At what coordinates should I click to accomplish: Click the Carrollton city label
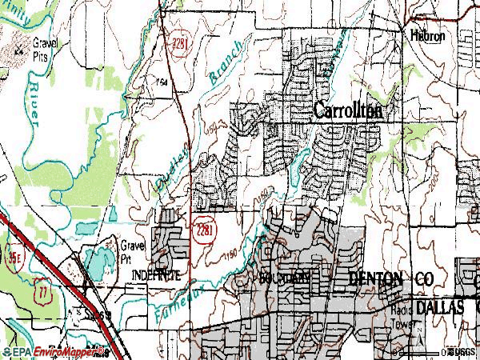click(x=347, y=111)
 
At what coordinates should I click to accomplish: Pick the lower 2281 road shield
click(x=203, y=230)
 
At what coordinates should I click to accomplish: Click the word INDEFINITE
click(x=155, y=274)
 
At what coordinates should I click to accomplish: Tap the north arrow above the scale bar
click(x=418, y=339)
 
